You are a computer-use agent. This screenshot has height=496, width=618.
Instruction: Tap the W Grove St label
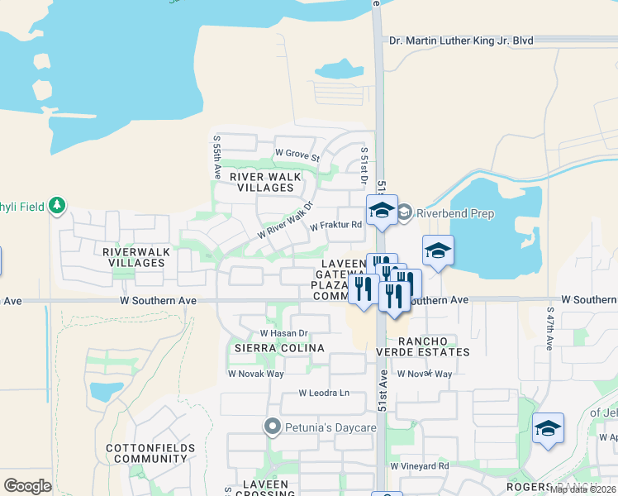click(x=297, y=154)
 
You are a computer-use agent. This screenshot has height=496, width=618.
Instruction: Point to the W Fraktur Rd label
click(x=336, y=225)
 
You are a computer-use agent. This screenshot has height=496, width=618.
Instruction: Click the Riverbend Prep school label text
click(x=455, y=213)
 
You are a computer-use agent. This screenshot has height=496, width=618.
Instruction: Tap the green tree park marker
click(x=57, y=205)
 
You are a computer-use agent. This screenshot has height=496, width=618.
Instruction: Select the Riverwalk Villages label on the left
click(x=135, y=256)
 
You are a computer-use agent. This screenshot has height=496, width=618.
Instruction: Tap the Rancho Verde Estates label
click(x=434, y=346)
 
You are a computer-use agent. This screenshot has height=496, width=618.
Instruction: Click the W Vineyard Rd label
click(x=420, y=466)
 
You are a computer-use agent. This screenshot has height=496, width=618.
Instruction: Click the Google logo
click(x=27, y=485)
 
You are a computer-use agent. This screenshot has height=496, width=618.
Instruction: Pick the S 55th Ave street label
click(x=217, y=159)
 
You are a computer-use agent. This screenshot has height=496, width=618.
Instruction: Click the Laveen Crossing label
click(x=259, y=489)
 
